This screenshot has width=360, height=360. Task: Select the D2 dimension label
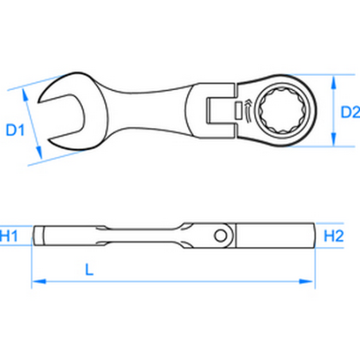[340, 112]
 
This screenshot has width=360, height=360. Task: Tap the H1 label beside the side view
[11, 235]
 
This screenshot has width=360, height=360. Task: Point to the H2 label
[335, 235]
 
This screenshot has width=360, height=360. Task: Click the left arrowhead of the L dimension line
[36, 280]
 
